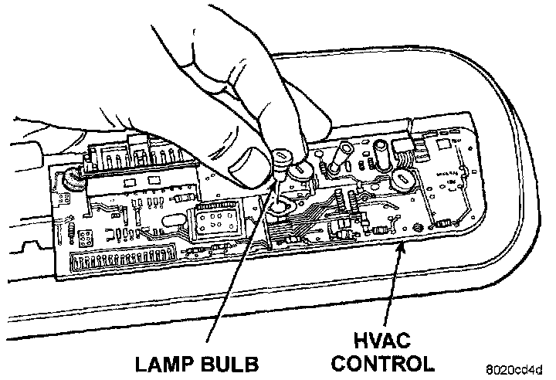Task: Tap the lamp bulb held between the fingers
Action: pos(279,158)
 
